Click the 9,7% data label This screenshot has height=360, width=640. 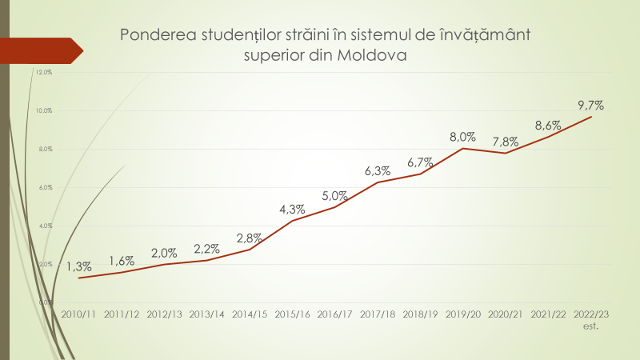(590, 105)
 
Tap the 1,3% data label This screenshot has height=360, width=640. (78, 266)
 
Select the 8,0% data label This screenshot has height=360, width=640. (462, 136)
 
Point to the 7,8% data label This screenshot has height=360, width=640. (505, 142)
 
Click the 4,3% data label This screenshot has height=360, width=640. (292, 210)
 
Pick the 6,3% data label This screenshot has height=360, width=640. (377, 171)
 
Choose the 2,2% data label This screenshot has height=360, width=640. (206, 249)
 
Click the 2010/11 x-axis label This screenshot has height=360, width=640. (78, 314)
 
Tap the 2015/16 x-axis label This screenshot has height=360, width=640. (292, 314)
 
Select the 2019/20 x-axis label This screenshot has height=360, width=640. (462, 314)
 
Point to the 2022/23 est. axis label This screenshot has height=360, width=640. (590, 319)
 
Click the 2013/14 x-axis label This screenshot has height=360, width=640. (206, 314)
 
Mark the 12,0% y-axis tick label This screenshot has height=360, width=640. (44, 72)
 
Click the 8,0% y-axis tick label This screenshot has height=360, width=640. (44, 149)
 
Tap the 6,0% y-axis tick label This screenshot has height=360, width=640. (44, 187)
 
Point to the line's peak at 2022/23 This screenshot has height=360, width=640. (591, 117)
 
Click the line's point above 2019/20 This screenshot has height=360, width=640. (462, 148)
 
